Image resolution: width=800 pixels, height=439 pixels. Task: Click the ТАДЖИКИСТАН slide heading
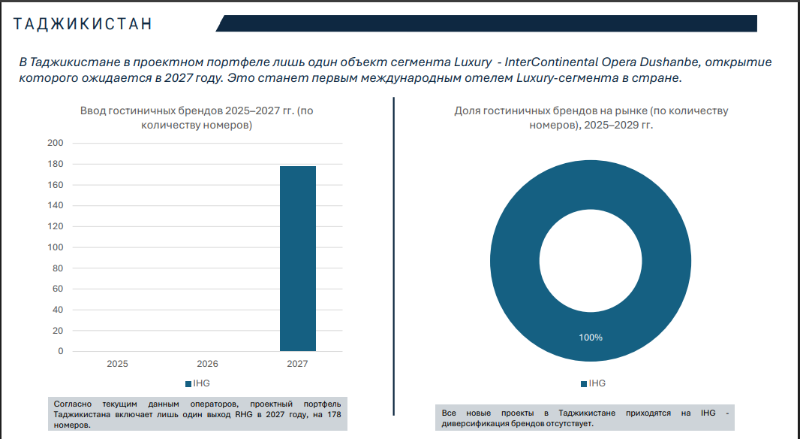pyautogui.click(x=83, y=23)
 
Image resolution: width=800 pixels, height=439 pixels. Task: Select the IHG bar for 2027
pyautogui.click(x=297, y=259)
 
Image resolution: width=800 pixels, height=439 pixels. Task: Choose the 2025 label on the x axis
pyautogui.click(x=117, y=364)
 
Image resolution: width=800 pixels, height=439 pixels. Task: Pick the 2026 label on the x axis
pyautogui.click(x=207, y=364)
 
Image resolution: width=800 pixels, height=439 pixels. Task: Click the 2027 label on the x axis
pyautogui.click(x=297, y=364)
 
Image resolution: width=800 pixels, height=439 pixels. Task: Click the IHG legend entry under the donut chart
pyautogui.click(x=593, y=383)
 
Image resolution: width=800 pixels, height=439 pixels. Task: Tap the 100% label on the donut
pyautogui.click(x=591, y=338)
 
